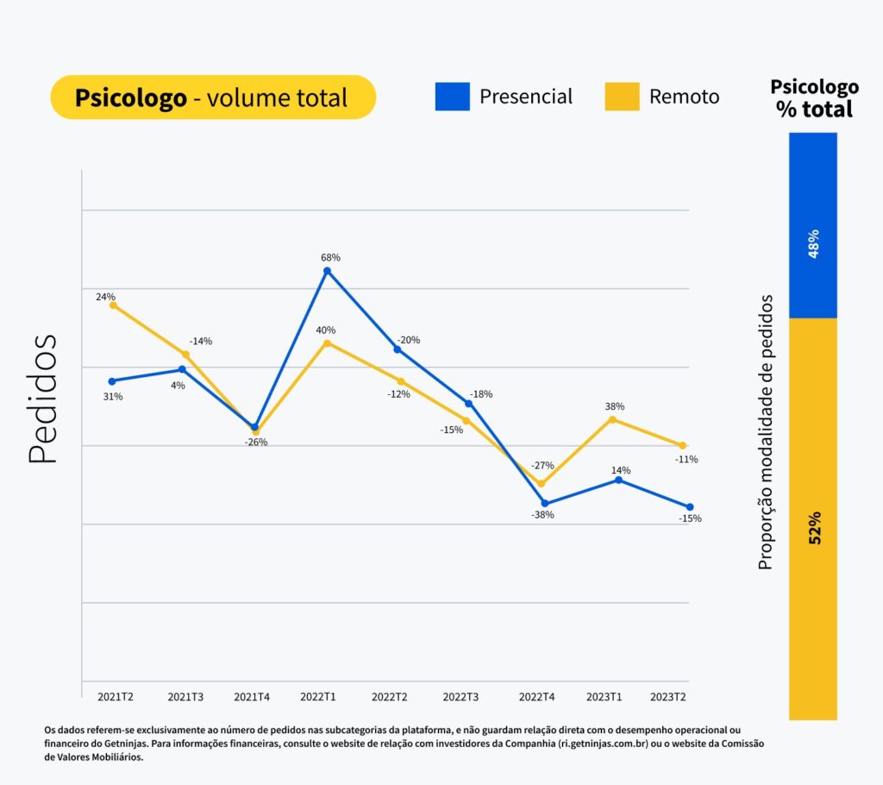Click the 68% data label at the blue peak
tap(330, 257)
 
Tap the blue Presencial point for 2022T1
tap(327, 271)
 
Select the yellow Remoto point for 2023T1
tap(612, 419)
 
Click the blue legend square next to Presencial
tap(453, 97)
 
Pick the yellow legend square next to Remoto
tap(622, 97)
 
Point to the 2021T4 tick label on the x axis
tap(252, 696)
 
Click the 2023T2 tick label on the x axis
tap(667, 696)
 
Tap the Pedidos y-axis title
tap(42, 399)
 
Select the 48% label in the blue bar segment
tap(813, 245)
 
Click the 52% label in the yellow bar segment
tap(814, 526)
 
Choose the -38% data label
tap(542, 515)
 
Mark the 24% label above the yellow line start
tap(105, 297)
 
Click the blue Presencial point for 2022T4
tap(545, 503)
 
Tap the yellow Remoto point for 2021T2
tap(113, 305)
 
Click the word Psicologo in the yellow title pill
tap(130, 97)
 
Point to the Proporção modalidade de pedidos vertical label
tap(765, 431)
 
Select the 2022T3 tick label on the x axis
tap(460, 696)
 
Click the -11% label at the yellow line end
tap(686, 460)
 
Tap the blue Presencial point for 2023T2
tap(690, 506)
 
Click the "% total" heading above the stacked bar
tap(813, 110)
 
